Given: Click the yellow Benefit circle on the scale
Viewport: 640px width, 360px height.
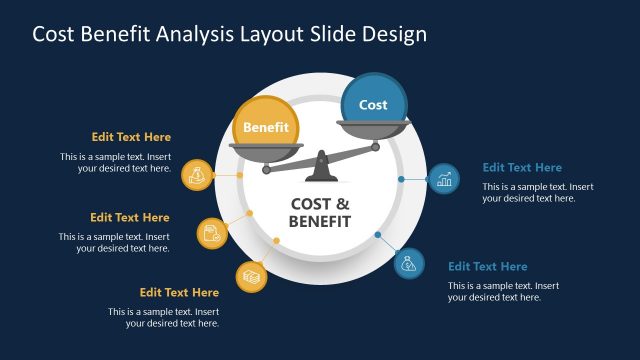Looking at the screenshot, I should click(x=266, y=127).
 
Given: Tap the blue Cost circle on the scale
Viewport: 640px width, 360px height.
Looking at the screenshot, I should click(x=373, y=104).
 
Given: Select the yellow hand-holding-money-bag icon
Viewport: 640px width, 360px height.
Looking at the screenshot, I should click(x=198, y=176).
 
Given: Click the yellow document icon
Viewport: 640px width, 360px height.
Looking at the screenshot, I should click(x=212, y=233).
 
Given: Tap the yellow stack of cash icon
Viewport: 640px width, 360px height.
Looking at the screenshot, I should click(x=251, y=275).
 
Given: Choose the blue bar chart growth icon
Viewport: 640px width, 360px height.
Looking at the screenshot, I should click(x=444, y=180).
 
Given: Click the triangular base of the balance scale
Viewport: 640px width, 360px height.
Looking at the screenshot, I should click(x=320, y=170).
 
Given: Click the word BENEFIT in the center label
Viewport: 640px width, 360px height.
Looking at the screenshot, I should click(x=320, y=222).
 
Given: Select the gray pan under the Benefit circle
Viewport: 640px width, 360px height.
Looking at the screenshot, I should click(x=265, y=151).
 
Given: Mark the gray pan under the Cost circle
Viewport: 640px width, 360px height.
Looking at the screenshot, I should click(x=373, y=127).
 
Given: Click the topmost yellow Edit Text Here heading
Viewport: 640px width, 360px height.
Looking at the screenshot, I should click(x=131, y=137).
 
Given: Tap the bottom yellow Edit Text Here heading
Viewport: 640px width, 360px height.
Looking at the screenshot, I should click(x=179, y=292).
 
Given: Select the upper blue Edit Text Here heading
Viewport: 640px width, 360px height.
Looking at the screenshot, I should click(x=522, y=167).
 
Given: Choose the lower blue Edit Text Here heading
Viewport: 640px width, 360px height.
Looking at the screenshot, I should click(x=487, y=266).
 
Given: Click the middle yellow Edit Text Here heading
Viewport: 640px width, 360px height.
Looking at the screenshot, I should click(x=130, y=217).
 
